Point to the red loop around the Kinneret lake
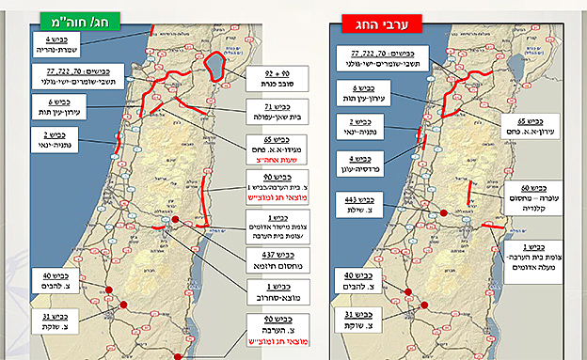pyautogui.click(x=215, y=68)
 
